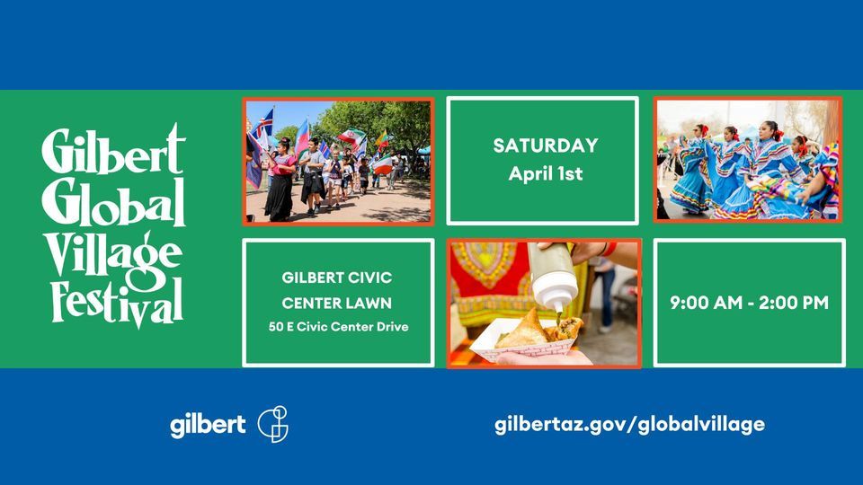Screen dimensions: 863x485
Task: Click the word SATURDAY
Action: [x=546, y=145]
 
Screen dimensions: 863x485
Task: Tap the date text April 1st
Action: [x=546, y=173]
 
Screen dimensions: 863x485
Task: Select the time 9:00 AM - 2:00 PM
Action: [x=749, y=303]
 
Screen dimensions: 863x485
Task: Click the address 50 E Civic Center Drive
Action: [x=339, y=327]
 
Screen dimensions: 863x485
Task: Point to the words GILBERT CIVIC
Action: [x=337, y=278]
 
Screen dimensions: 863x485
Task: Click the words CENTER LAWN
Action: [x=337, y=303]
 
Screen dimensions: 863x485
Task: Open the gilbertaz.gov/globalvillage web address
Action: [x=629, y=425]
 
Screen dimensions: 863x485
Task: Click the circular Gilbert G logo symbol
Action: [x=273, y=424]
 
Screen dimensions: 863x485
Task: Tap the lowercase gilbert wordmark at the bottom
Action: [x=208, y=425]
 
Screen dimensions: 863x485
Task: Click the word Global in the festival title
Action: [x=113, y=202]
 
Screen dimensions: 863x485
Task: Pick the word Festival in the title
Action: [x=116, y=303]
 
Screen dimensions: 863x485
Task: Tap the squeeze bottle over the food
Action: [x=553, y=278]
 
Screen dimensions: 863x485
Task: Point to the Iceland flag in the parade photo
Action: [x=264, y=124]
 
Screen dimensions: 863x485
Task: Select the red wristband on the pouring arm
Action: [x=609, y=249]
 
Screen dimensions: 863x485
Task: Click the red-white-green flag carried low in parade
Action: [x=384, y=165]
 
